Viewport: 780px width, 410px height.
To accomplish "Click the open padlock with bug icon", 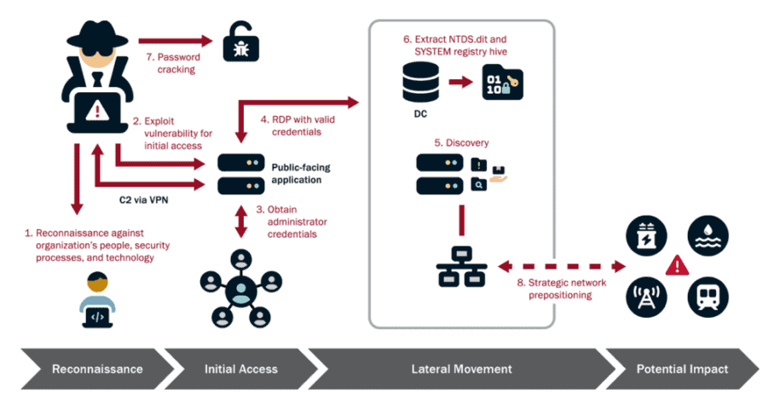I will tap(237, 43).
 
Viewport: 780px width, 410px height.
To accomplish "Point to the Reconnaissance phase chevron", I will tap(90, 369).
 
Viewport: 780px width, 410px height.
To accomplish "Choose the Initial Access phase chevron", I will tap(240, 369).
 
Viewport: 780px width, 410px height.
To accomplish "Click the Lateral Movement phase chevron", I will tap(461, 369).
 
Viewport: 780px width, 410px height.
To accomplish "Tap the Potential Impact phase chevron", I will tap(682, 369).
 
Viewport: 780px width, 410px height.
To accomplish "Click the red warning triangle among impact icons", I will tap(677, 265).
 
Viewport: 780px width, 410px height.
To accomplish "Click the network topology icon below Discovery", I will tap(461, 266).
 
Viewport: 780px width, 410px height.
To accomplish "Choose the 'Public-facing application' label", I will tap(300, 174).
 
